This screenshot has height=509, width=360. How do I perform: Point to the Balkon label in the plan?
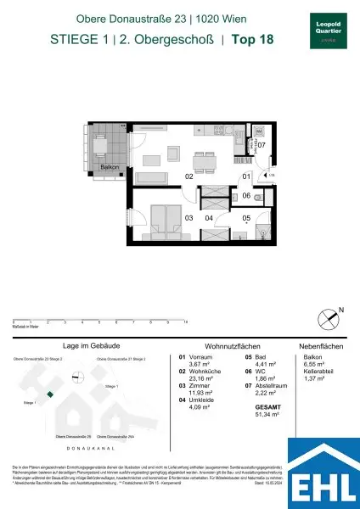click(110, 167)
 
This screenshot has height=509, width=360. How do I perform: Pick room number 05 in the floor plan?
click(245, 218)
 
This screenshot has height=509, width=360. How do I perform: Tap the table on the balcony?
click(103, 145)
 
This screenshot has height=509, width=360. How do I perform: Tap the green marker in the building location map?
click(50, 394)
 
